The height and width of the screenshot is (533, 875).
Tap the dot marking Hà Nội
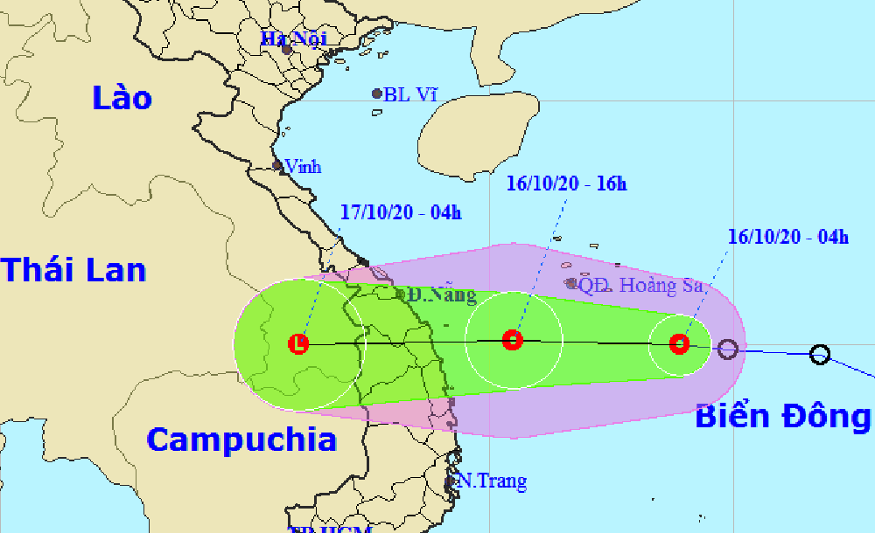coord(286,50)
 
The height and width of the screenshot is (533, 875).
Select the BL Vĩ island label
coord(409,94)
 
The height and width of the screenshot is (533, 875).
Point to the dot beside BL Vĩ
coord(377,93)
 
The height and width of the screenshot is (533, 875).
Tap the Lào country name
coord(122,98)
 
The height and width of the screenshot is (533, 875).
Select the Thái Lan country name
coord(73,269)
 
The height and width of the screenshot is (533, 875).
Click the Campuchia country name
coord(241,439)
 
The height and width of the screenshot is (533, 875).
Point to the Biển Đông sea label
coord(782,418)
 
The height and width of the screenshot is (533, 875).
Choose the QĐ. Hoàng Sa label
coord(641,284)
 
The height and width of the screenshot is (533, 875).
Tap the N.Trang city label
coord(492,481)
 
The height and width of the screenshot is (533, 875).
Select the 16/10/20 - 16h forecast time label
coord(567,183)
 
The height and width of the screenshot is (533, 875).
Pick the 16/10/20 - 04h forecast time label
coord(787,236)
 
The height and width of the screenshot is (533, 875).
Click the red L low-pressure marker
coord(299,343)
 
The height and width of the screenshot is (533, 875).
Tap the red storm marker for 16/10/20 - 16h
coord(513,340)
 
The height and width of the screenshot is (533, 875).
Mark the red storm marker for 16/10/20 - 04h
coord(680,343)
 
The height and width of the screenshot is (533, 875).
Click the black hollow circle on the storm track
coord(819,354)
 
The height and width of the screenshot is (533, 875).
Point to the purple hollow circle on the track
coord(727,350)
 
